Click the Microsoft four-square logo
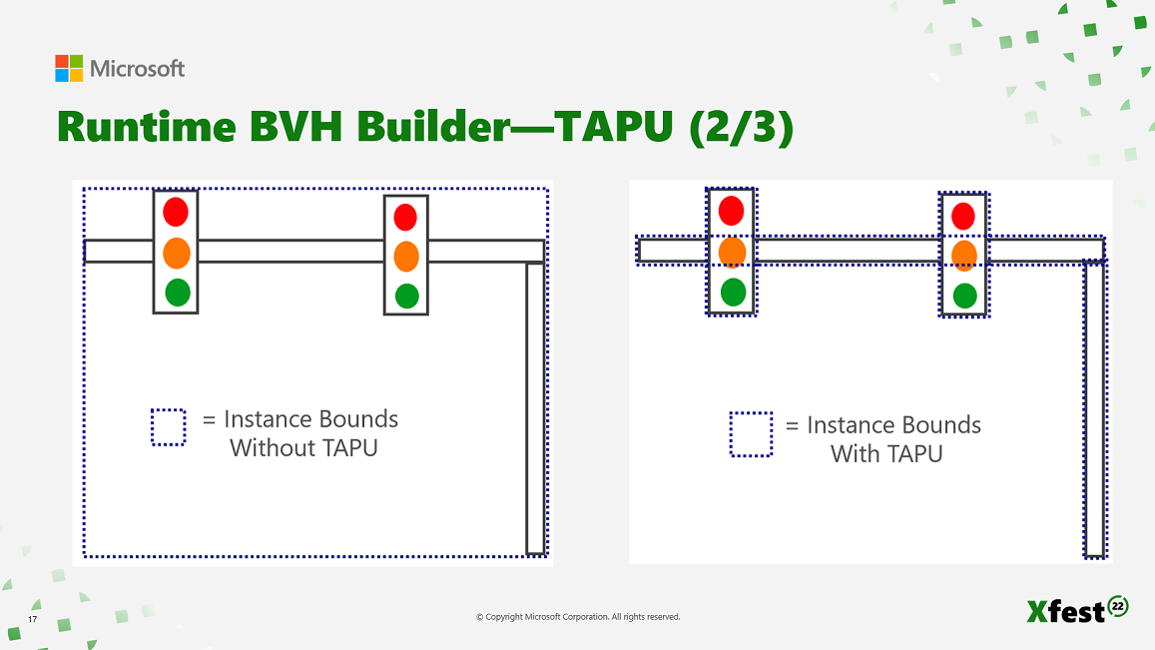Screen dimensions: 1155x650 point(69,69)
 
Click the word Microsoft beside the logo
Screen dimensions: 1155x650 point(137,69)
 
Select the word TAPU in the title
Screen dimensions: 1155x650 point(614,126)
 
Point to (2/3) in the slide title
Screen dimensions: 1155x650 point(741,128)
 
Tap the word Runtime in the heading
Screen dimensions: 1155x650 point(148,126)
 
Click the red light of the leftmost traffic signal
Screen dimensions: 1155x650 point(176,213)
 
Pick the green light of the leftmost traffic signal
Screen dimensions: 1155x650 point(178,292)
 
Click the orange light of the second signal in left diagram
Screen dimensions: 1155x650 point(406,256)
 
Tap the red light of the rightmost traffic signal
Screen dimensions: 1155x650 point(962,216)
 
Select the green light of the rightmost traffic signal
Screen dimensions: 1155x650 point(965,296)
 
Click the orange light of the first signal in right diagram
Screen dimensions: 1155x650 point(732,252)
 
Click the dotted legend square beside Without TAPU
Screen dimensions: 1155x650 point(168,426)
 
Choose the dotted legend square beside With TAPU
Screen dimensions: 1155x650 point(752,434)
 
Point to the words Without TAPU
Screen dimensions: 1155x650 point(303,447)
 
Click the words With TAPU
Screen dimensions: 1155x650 point(886,453)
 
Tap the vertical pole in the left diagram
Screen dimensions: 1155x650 point(535,407)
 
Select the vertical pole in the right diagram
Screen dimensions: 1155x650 point(1094,409)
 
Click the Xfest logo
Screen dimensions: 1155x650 point(1078,610)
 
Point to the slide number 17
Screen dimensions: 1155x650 point(32,619)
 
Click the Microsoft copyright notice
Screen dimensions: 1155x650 point(578,617)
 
